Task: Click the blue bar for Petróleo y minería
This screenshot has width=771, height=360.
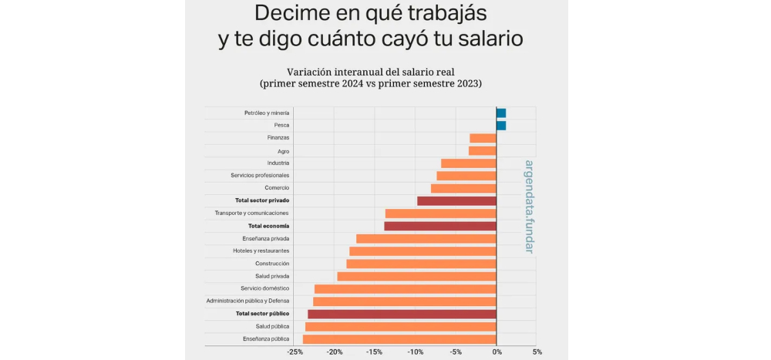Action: (501, 113)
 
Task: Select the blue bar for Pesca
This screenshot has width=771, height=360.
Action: (501, 126)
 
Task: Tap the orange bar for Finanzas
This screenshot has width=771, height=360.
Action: (483, 138)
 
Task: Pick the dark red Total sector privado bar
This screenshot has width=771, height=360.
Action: (456, 201)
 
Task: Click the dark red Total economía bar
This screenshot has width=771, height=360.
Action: (440, 226)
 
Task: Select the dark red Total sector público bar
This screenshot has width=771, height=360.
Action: (402, 314)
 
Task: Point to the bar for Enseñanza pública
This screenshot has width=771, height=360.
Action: (399, 339)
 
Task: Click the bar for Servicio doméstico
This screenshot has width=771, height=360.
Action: (406, 289)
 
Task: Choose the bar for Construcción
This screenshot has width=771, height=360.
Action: (421, 264)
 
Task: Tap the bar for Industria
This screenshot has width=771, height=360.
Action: (468, 163)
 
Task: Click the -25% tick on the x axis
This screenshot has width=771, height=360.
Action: (295, 352)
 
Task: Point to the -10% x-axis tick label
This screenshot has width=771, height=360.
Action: (416, 352)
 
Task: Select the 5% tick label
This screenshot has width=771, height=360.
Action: (537, 352)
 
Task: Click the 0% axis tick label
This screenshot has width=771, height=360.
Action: (497, 352)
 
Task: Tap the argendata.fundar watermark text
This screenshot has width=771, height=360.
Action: (529, 207)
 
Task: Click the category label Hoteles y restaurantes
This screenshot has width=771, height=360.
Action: (261, 251)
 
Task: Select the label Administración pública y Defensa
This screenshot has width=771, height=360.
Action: (247, 301)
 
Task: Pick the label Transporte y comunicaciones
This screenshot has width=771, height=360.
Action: (252, 214)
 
